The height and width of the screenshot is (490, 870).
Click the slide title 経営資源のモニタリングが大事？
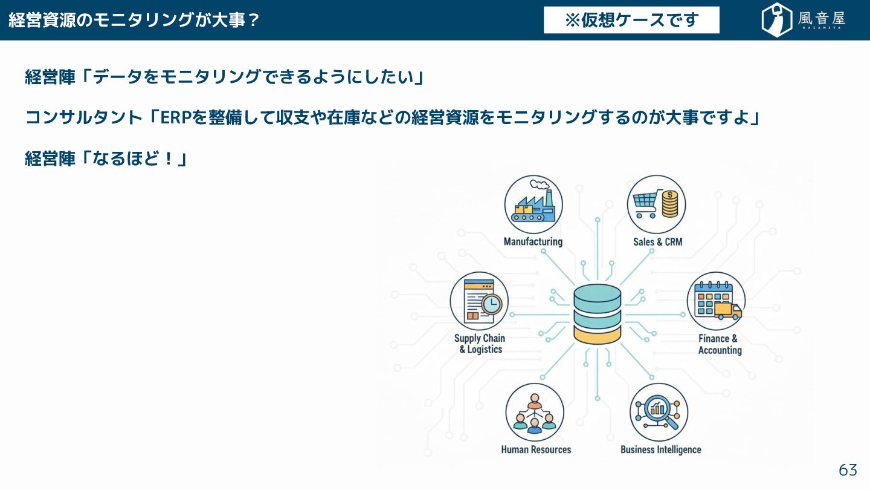(x=134, y=20)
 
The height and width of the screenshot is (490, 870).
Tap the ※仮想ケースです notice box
(x=631, y=20)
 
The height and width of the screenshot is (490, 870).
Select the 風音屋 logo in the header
(x=803, y=20)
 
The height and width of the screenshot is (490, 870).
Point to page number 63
(x=848, y=470)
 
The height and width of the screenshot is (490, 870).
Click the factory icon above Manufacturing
(x=533, y=204)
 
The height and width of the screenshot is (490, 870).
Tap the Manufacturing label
(x=533, y=242)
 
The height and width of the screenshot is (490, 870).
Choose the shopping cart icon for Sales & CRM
(x=656, y=204)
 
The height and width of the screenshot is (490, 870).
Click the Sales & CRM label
(x=657, y=242)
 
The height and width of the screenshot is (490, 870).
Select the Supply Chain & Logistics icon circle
(x=479, y=301)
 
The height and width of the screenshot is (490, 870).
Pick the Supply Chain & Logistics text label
(x=480, y=344)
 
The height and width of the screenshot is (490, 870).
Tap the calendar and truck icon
(x=717, y=301)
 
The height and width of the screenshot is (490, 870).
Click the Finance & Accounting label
(x=719, y=344)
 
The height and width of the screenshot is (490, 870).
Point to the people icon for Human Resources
(x=534, y=413)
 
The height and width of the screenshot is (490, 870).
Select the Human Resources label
(x=536, y=449)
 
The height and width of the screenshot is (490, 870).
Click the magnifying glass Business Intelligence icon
(x=659, y=412)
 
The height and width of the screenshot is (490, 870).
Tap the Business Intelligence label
(x=660, y=449)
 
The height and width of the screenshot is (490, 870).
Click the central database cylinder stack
(x=598, y=314)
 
